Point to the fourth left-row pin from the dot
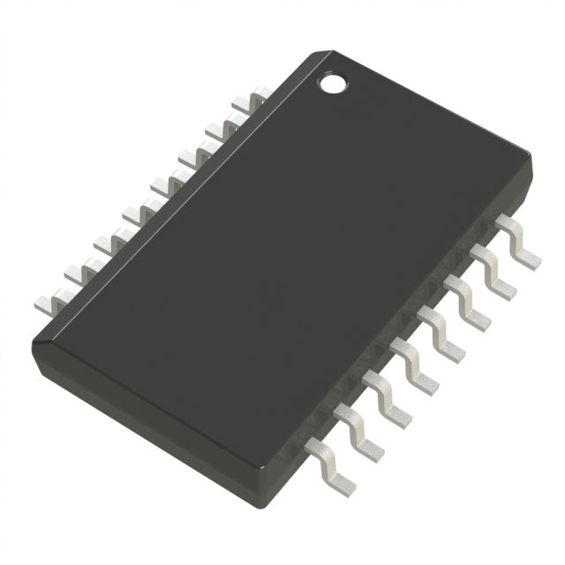pyautogui.click(x=168, y=184)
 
